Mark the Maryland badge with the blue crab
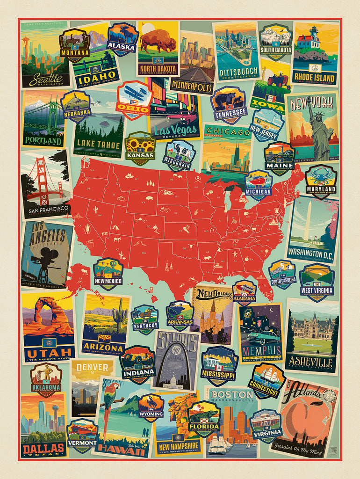click(x=321, y=181)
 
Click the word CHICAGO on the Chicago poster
click(x=227, y=132)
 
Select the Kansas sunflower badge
click(x=140, y=148)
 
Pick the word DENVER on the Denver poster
click(x=92, y=367)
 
